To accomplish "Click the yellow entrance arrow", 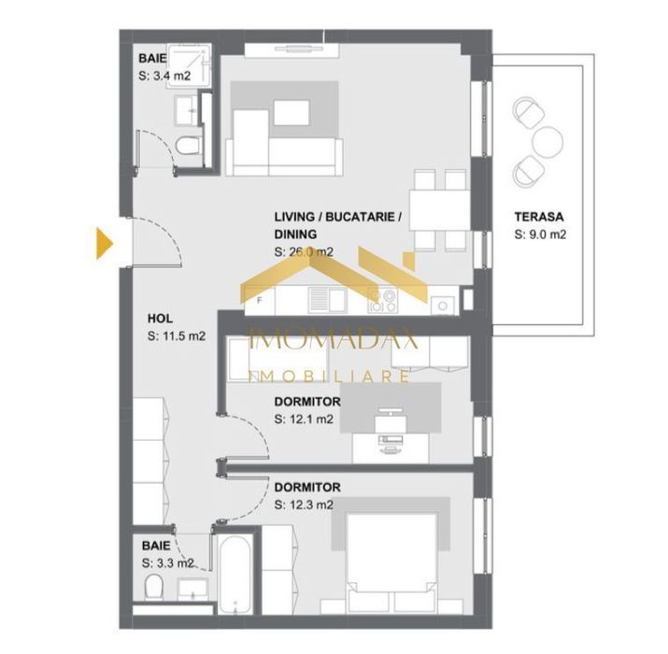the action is click(104, 244).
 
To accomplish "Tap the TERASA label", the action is click(538, 217).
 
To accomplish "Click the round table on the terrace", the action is click(547, 143).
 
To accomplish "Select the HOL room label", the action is click(160, 319).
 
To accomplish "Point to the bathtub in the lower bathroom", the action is click(235, 575).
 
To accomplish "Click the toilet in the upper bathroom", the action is click(189, 146).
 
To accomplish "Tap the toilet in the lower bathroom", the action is click(154, 588).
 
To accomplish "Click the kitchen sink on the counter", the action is click(327, 299).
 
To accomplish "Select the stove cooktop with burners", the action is click(382, 301).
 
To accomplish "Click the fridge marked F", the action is click(260, 301).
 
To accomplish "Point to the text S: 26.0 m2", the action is click(304, 252).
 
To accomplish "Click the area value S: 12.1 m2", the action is click(304, 419).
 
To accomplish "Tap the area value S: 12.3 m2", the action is click(304, 505).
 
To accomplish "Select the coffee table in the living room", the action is click(291, 113).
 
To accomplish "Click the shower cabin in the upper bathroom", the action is click(189, 66).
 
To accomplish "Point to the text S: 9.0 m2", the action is click(540, 235).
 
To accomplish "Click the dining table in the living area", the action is click(440, 210).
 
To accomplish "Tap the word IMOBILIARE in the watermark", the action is click(328, 377).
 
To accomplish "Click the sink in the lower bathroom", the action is click(193, 590).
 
